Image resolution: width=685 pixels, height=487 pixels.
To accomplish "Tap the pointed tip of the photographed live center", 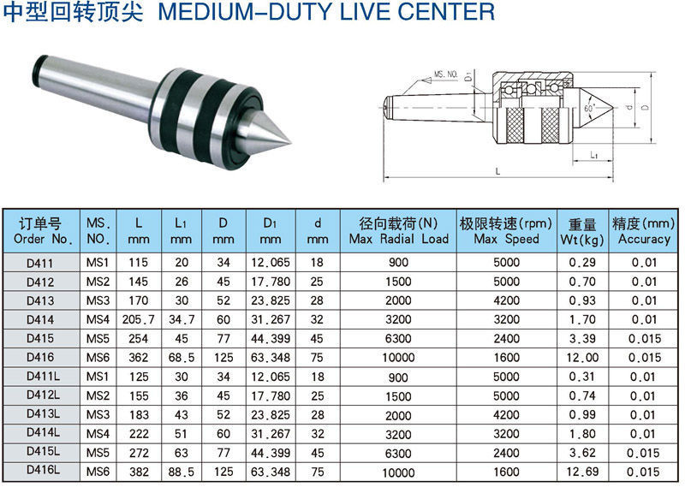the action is point(290,142).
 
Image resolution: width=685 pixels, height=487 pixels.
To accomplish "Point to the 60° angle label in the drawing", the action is point(589,108).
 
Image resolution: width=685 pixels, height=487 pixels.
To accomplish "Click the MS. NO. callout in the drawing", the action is point(446,74).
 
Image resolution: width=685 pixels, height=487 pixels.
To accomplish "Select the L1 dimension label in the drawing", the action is point(593,155).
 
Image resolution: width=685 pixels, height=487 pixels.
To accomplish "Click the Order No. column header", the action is point(41,231).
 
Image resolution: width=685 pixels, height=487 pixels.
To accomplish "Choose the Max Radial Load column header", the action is point(398,231).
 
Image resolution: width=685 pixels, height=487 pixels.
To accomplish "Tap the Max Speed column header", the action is point(506,231).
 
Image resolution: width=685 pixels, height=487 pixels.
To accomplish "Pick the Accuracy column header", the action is point(644,231).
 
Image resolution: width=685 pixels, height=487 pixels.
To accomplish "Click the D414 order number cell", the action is point(40,320).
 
